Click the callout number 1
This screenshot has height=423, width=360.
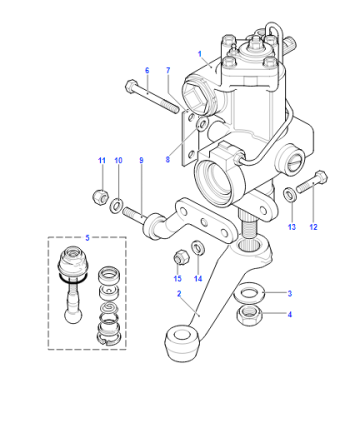200,54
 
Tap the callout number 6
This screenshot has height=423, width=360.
147,70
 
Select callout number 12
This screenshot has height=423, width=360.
313,227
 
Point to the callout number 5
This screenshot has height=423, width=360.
87,238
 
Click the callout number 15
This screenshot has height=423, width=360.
177,279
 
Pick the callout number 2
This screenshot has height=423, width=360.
179,294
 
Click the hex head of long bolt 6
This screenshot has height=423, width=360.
131,86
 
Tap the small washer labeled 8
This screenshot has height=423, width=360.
203,123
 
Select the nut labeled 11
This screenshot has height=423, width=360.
100,197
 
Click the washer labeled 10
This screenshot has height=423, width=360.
116,205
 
